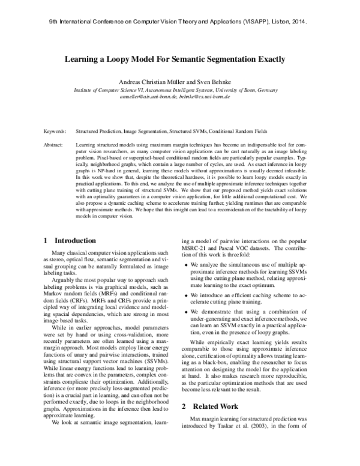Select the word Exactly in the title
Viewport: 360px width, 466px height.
(x=268, y=60)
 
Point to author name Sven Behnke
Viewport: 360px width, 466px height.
(x=214, y=80)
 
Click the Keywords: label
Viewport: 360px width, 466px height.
(x=56, y=130)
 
